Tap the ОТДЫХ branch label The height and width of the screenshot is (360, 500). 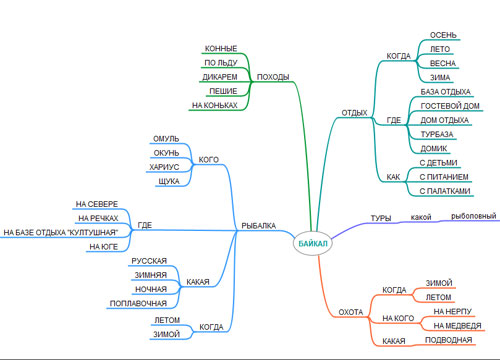[354, 112]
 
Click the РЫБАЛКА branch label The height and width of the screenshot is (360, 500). [258, 226]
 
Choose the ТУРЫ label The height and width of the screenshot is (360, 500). [380, 218]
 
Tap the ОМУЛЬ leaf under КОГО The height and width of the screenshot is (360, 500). [166, 137]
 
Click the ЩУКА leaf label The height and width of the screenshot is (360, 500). [169, 181]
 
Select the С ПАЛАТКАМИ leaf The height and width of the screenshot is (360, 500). [443, 189]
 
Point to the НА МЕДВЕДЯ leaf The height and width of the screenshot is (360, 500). [457, 325]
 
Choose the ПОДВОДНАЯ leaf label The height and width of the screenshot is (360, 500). [448, 340]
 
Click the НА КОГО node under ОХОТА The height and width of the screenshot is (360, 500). [397, 319]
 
